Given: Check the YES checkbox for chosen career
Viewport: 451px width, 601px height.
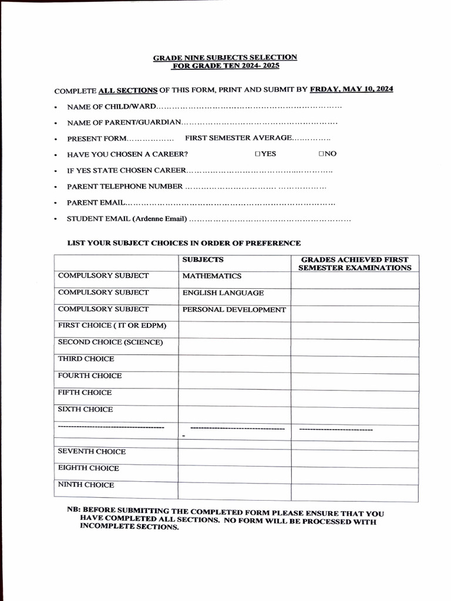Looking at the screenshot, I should click(258, 154).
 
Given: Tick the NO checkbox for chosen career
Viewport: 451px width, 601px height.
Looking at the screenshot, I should click(322, 154).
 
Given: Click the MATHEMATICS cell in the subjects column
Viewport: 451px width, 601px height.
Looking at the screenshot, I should click(211, 276).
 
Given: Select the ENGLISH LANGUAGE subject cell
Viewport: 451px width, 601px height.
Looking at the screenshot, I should click(223, 293).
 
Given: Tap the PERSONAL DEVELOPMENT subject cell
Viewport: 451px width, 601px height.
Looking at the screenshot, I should click(234, 310).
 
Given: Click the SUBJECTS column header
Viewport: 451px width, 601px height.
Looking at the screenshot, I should click(203, 259).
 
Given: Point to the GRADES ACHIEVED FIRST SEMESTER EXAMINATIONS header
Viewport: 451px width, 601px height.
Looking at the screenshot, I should click(355, 264).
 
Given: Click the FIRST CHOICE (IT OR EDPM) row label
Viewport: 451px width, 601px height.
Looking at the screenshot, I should click(112, 326).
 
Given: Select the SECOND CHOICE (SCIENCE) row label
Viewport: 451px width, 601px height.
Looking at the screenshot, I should click(110, 342).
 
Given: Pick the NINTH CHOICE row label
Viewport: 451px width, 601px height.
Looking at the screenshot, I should click(86, 485).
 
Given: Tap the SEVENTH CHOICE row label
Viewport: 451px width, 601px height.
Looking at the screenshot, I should click(92, 451).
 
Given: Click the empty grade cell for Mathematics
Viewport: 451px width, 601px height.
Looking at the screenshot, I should click(354, 280).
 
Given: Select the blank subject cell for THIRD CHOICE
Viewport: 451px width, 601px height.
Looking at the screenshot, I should click(234, 363).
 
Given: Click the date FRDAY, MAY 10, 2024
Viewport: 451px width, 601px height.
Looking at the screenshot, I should click(352, 89).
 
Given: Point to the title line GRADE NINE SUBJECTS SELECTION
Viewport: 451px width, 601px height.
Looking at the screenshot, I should click(225, 58).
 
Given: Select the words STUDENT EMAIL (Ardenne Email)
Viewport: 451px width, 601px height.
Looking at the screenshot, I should click(127, 220).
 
